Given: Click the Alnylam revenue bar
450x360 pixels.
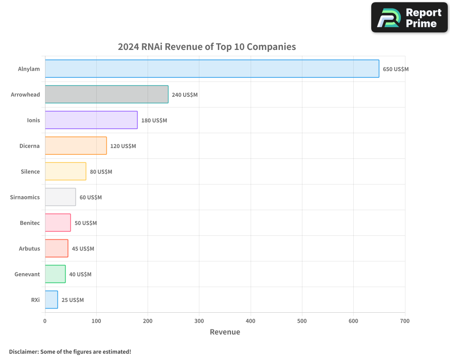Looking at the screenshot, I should pyautogui.click(x=212, y=69).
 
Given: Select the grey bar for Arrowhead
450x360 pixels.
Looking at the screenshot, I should pyautogui.click(x=107, y=94).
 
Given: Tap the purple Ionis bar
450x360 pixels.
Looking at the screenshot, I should pyautogui.click(x=91, y=120).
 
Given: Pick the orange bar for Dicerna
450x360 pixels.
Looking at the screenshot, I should pyautogui.click(x=76, y=146).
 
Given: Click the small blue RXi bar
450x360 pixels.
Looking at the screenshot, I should pyautogui.click(x=51, y=300).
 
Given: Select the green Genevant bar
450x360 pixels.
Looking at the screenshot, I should pyautogui.click(x=55, y=274).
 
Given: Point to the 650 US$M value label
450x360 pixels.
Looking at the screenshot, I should pyautogui.click(x=396, y=69).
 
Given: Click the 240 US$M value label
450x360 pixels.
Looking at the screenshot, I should pyautogui.click(x=184, y=95).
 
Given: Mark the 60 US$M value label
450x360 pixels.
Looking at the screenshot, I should pyautogui.click(x=90, y=198).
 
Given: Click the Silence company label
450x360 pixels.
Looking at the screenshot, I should pyautogui.click(x=30, y=171).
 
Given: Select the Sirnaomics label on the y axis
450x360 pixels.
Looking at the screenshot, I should pyautogui.click(x=25, y=197).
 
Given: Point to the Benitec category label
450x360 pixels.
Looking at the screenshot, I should pyautogui.click(x=30, y=223).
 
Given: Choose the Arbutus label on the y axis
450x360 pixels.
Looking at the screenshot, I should pyautogui.click(x=29, y=248).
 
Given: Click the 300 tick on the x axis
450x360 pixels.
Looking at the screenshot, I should pyautogui.click(x=199, y=321).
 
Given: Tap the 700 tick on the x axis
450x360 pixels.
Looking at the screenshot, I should pyautogui.click(x=405, y=321).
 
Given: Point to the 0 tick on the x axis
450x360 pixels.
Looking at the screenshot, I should pyautogui.click(x=45, y=321).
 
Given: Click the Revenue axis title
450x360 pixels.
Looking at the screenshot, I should pyautogui.click(x=225, y=332).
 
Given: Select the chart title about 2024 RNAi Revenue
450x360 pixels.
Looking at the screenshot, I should pyautogui.click(x=207, y=47).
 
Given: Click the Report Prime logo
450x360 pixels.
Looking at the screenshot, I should pyautogui.click(x=409, y=18).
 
